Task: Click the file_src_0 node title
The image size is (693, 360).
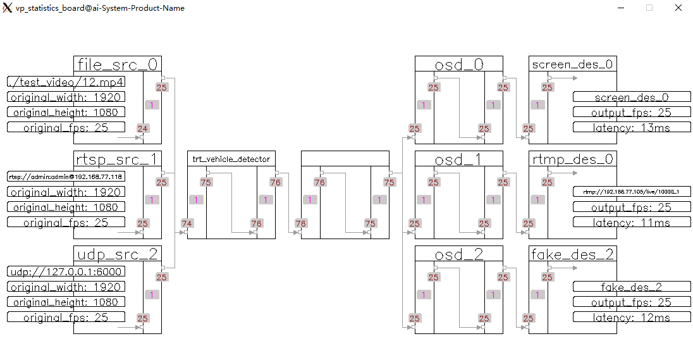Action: (117, 64)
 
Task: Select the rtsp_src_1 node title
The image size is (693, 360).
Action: (117, 159)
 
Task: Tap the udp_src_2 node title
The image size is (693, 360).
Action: (117, 254)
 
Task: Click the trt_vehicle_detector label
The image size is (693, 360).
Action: (231, 159)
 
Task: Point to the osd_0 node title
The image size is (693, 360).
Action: (459, 64)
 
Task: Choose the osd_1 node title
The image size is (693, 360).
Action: (459, 159)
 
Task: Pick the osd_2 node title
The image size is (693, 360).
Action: (459, 254)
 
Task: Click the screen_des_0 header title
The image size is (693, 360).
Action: (573, 64)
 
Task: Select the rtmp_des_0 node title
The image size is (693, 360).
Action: (573, 159)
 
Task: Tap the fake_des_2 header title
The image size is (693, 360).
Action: (573, 254)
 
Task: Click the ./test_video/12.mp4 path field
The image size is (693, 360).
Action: (66, 82)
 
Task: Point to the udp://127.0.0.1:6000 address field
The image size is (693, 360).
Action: (66, 271)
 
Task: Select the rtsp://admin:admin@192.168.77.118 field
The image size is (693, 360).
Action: (66, 177)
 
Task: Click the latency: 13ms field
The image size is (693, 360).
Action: (632, 127)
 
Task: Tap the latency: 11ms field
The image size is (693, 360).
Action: (632, 222)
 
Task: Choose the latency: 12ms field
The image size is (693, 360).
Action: (632, 317)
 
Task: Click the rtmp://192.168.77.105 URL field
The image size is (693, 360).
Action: (632, 191)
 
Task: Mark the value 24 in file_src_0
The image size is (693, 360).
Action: (142, 128)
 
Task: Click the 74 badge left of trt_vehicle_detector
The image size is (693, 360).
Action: (187, 223)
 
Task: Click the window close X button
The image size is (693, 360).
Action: (678, 8)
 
